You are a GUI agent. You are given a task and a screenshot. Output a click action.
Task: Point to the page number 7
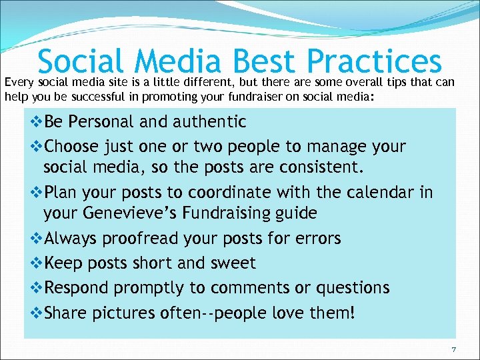pos(453,350)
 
